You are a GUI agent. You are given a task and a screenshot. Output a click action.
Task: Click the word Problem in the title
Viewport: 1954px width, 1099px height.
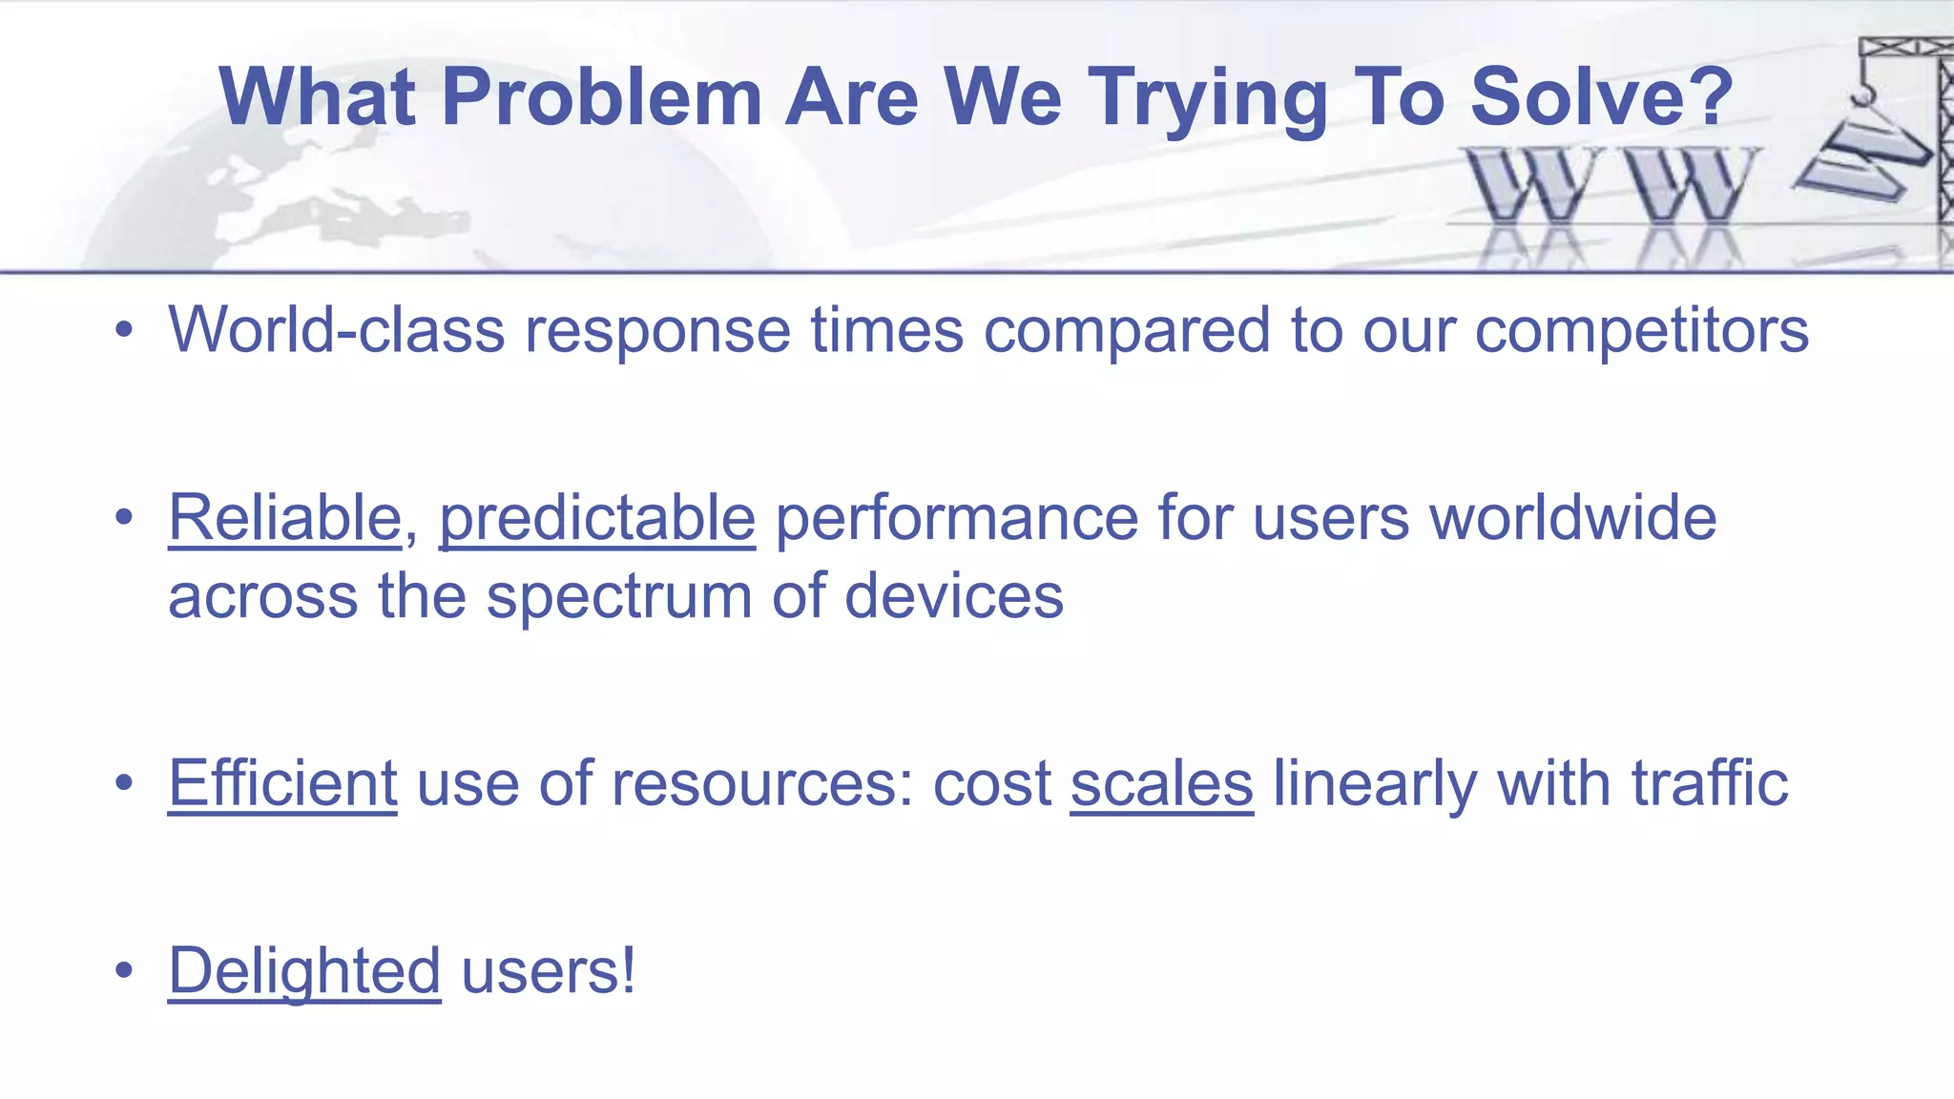601,97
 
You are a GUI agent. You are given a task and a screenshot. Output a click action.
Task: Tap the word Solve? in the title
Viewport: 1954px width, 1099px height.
1601,97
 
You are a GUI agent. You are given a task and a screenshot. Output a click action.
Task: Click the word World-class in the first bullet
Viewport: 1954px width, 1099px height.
336,330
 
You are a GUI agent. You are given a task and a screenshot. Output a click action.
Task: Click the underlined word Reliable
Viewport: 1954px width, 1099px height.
284,518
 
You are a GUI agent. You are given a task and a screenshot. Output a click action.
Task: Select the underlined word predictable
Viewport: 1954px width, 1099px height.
597,520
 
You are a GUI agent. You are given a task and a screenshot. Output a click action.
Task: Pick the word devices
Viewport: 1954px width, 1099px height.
953,595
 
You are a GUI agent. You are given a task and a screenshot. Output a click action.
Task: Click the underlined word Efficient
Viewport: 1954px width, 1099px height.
282,783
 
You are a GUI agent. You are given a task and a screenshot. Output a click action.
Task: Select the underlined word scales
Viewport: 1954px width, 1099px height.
1161,783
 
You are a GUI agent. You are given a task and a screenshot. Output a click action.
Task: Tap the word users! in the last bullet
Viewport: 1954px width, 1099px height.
548,971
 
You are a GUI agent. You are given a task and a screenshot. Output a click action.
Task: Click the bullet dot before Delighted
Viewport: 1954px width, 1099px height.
124,971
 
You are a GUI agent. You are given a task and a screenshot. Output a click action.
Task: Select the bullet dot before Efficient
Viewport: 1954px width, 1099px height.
124,783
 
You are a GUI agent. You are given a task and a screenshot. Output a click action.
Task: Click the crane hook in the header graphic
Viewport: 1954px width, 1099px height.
1861,94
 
